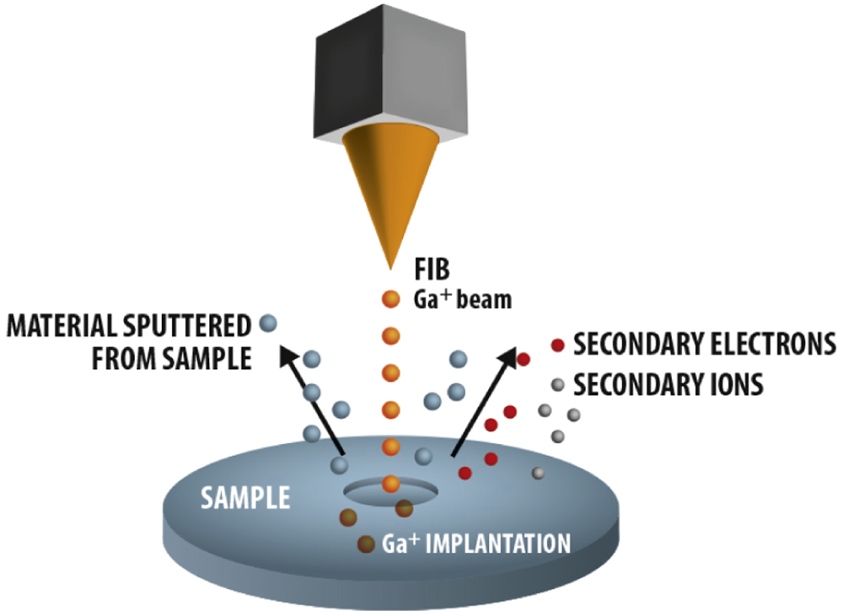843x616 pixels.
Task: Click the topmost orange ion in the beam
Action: coord(389,298)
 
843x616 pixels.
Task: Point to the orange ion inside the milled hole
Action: coord(389,484)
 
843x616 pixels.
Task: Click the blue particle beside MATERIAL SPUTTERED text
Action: coord(268,322)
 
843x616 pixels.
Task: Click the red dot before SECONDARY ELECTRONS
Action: coord(557,344)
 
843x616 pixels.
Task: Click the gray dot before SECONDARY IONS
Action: coord(557,385)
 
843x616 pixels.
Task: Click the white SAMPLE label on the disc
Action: coord(244,499)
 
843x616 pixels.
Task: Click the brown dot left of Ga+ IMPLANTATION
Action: coord(366,544)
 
